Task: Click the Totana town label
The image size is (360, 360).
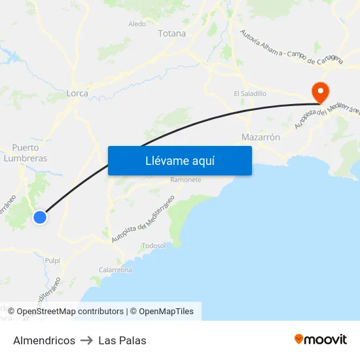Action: point(171,33)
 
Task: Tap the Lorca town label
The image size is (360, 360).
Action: point(77,94)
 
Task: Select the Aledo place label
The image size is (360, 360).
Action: point(137,24)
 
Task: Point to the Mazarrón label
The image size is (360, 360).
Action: point(261,137)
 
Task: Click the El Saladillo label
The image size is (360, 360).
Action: point(250,94)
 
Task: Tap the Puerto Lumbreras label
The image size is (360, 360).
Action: point(26,153)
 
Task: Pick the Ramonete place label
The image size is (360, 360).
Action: point(185,180)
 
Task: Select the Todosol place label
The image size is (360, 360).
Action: point(154,246)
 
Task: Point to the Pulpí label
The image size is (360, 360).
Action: point(52,261)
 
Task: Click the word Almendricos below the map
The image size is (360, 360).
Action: point(44,340)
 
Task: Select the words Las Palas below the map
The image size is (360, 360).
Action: point(122,340)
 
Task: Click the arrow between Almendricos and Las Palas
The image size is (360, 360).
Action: point(87,340)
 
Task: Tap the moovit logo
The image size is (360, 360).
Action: point(321,340)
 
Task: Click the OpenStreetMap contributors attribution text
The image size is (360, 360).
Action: point(69,312)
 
